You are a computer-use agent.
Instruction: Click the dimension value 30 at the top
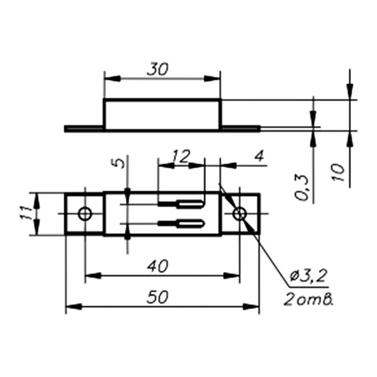pos(157,69)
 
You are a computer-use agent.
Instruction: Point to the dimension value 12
pos(180,156)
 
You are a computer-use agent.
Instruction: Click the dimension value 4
pos(258,156)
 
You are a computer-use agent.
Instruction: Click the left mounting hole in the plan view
pos(85,214)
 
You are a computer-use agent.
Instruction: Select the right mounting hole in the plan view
pos(239,214)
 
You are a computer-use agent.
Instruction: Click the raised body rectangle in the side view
pos(162,113)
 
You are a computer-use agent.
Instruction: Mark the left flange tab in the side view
pos(84,128)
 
